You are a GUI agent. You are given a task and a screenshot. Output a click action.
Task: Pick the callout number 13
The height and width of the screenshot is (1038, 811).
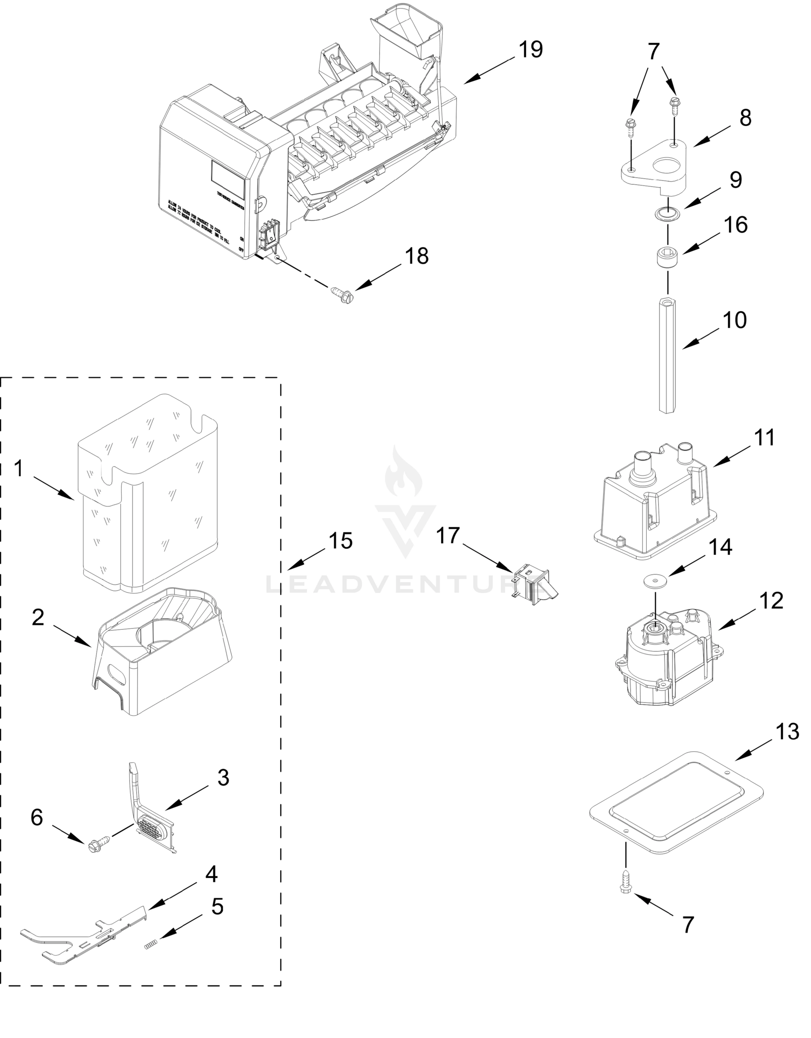(787, 732)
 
